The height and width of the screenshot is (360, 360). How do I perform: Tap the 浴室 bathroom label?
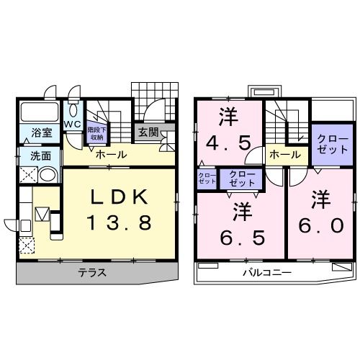coord(42,132)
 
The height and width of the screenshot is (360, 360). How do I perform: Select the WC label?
coord(72,125)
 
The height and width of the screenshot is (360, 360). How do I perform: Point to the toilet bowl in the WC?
coord(73,110)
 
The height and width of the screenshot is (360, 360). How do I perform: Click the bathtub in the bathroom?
coord(40,112)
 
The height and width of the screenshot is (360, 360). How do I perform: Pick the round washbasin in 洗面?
coord(48,175)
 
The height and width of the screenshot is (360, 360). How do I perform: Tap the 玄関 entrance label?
coord(149,132)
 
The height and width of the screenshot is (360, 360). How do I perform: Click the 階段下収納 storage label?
coord(96,134)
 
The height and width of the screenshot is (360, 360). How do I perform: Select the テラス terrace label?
coord(92,273)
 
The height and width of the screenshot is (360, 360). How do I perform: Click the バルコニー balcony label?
coord(267,273)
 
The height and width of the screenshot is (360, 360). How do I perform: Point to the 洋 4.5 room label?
coord(228,130)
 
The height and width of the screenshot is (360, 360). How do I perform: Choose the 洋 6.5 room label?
coord(243,223)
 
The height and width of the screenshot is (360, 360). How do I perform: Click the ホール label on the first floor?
coord(111,155)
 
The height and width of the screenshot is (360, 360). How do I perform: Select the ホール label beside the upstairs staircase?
coord(285,155)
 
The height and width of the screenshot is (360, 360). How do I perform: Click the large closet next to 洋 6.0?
coord(333,145)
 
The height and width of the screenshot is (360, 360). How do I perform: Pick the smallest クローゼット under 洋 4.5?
coord(207,179)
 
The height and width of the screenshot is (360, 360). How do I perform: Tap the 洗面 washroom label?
coord(40,156)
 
